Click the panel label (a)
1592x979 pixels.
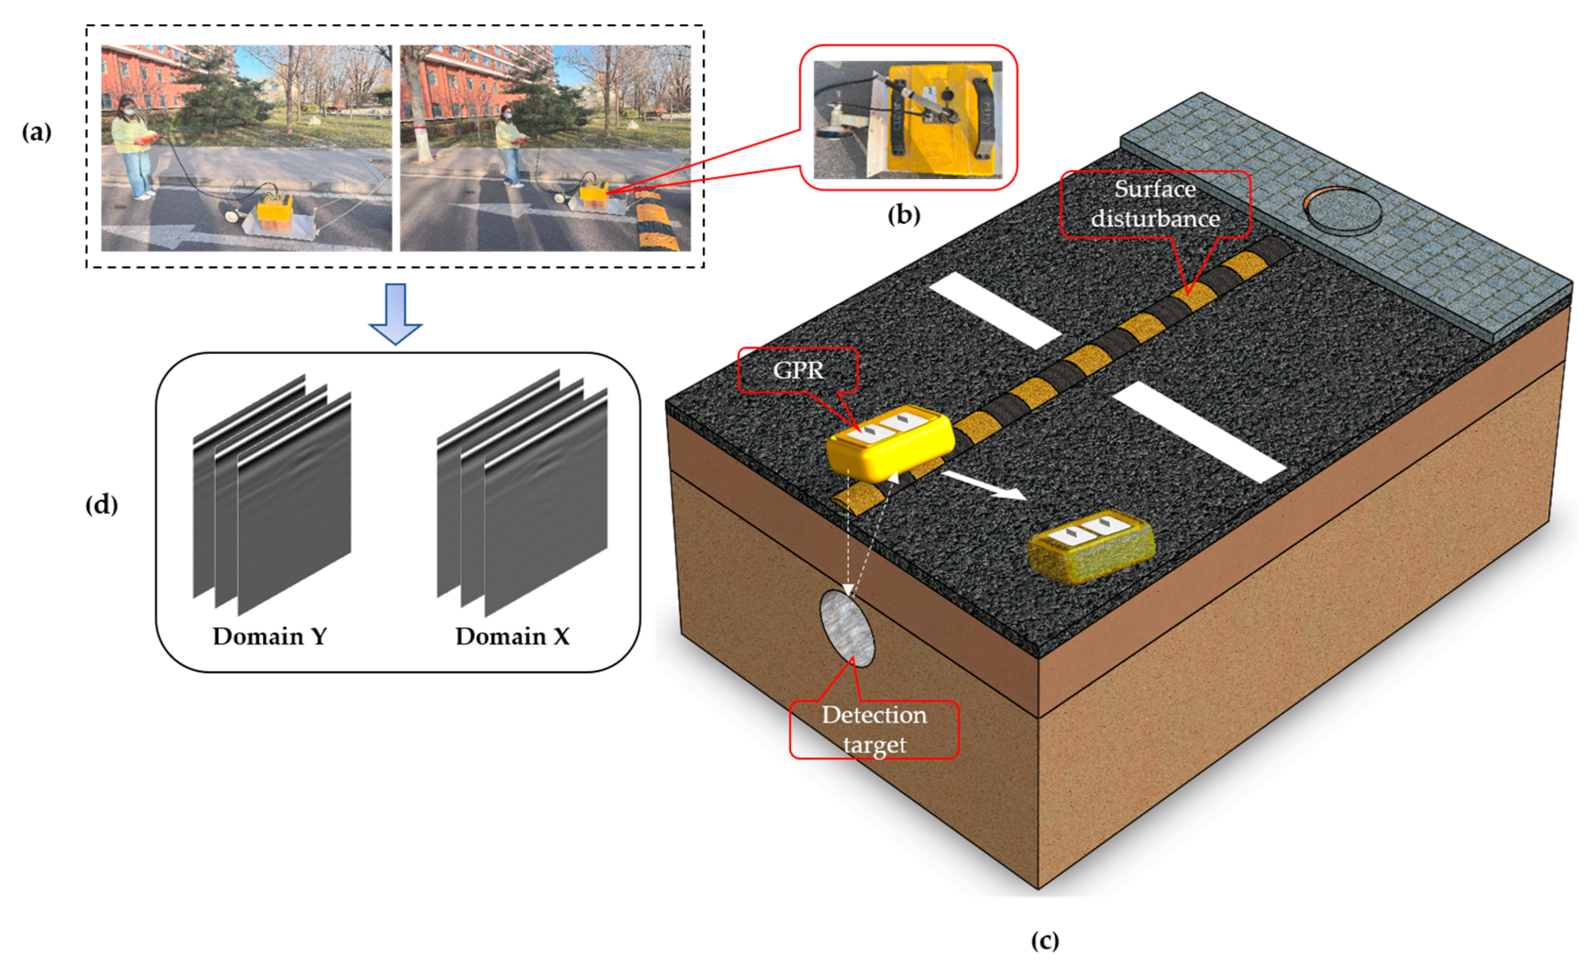click(36, 132)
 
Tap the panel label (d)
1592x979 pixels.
click(101, 504)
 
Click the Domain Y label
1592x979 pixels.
click(270, 636)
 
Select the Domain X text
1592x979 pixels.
click(512, 636)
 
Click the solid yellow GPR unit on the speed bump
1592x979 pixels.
click(890, 444)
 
